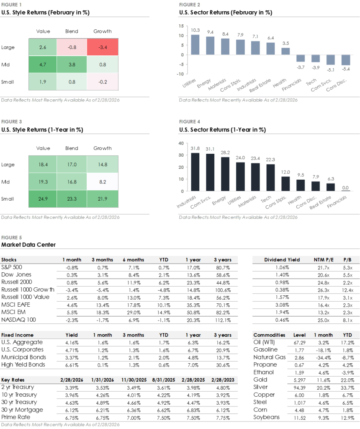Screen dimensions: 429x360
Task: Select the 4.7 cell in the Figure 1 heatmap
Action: click(x=43, y=65)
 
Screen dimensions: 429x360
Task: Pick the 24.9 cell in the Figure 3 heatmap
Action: click(x=43, y=199)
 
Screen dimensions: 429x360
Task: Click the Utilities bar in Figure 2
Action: click(x=195, y=44)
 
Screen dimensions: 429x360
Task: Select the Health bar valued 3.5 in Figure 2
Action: click(x=285, y=51)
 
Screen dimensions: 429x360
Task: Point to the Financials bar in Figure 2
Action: click(x=301, y=58)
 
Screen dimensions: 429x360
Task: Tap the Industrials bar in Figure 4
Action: click(x=195, y=171)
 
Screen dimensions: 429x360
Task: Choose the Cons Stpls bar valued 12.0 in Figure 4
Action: click(x=285, y=183)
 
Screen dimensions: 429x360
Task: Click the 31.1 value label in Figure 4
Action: click(x=210, y=149)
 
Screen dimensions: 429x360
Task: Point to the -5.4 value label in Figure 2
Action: click(x=346, y=68)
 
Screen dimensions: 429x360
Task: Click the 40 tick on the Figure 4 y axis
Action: click(x=181, y=143)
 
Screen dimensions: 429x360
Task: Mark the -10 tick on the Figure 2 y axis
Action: click(x=180, y=74)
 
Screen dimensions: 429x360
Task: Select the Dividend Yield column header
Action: click(x=282, y=260)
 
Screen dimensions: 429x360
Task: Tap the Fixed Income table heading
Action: click(x=17, y=335)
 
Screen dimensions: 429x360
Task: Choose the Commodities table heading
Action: click(x=269, y=335)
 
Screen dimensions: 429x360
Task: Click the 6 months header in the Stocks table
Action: click(x=133, y=260)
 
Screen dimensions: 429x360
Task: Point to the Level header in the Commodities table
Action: click(x=299, y=335)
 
